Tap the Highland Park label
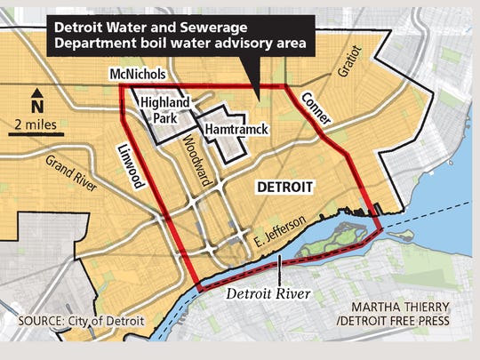point(165,112)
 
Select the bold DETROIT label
point(284,188)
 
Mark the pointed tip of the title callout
point(257,95)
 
